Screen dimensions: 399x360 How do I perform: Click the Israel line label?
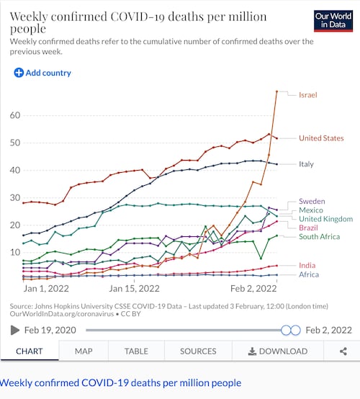(x=308, y=95)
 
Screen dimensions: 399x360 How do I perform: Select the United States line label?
(x=321, y=138)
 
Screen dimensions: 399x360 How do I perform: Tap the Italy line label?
(x=306, y=164)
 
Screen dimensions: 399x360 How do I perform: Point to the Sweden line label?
(x=312, y=201)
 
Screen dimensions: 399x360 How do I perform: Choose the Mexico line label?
(x=312, y=210)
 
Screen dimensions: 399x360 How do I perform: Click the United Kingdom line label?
(x=326, y=219)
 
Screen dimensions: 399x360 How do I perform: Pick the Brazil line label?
(x=308, y=228)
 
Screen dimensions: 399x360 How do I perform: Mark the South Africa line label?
(x=320, y=237)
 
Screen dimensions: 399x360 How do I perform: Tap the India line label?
(x=307, y=266)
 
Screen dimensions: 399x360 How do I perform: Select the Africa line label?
(x=308, y=274)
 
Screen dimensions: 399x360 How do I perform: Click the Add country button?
(x=42, y=73)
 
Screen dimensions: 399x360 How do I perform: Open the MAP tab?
(x=84, y=351)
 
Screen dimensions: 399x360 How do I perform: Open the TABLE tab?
(x=136, y=351)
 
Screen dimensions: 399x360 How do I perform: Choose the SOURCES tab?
(x=198, y=351)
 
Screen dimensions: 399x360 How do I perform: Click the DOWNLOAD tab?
(x=277, y=351)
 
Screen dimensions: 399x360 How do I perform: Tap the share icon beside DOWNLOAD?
(x=343, y=351)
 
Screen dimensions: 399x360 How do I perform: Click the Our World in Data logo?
(x=333, y=21)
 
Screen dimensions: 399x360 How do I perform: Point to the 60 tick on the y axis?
(x=15, y=115)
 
